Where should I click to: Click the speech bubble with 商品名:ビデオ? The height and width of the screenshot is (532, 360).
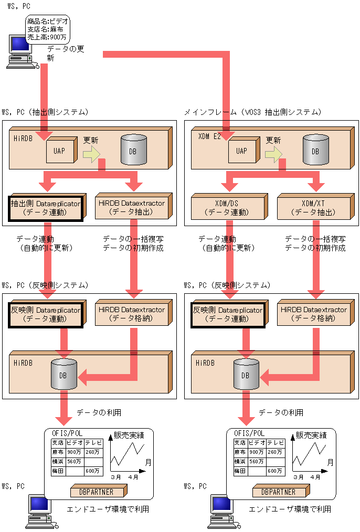47,29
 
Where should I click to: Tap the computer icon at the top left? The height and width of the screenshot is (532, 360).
22,51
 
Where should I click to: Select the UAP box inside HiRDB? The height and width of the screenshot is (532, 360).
60,151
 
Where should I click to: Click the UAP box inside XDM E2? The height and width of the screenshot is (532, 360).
242,151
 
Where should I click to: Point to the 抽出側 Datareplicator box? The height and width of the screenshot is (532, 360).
46,208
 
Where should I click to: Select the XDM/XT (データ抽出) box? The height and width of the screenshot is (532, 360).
313,208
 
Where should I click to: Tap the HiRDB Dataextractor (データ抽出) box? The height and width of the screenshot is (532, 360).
132,208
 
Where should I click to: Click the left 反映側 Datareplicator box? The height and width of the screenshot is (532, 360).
46,314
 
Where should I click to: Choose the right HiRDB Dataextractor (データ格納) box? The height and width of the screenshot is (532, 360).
313,314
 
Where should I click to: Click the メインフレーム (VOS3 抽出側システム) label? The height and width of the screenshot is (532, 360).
252,112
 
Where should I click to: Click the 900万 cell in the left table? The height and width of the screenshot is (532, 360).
74,452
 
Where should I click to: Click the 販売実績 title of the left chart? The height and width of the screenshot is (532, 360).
129,435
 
